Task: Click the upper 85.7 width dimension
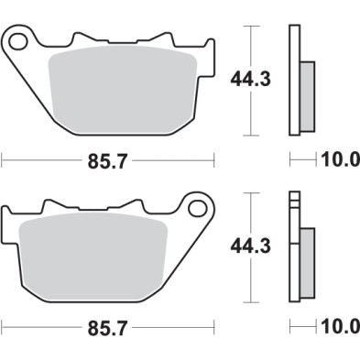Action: [x=107, y=160]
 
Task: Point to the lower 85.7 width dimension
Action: [x=107, y=327]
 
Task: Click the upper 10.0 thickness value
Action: [x=339, y=160]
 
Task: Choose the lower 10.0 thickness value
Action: [x=339, y=327]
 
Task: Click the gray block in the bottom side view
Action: [x=307, y=262]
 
